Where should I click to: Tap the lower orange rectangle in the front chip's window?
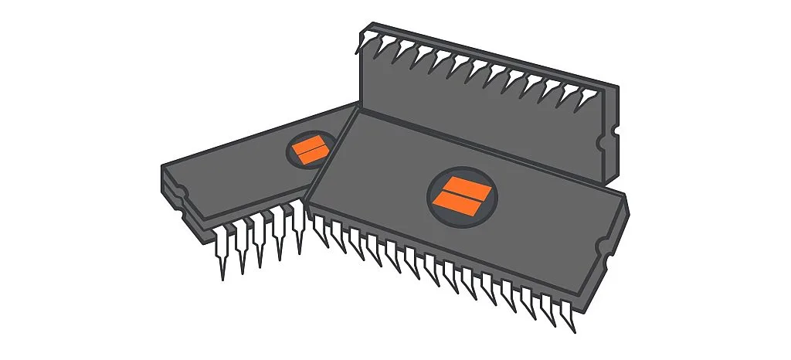(x=460, y=203)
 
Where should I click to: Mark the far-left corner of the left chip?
(x=161, y=166)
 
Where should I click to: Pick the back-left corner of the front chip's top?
(x=358, y=110)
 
